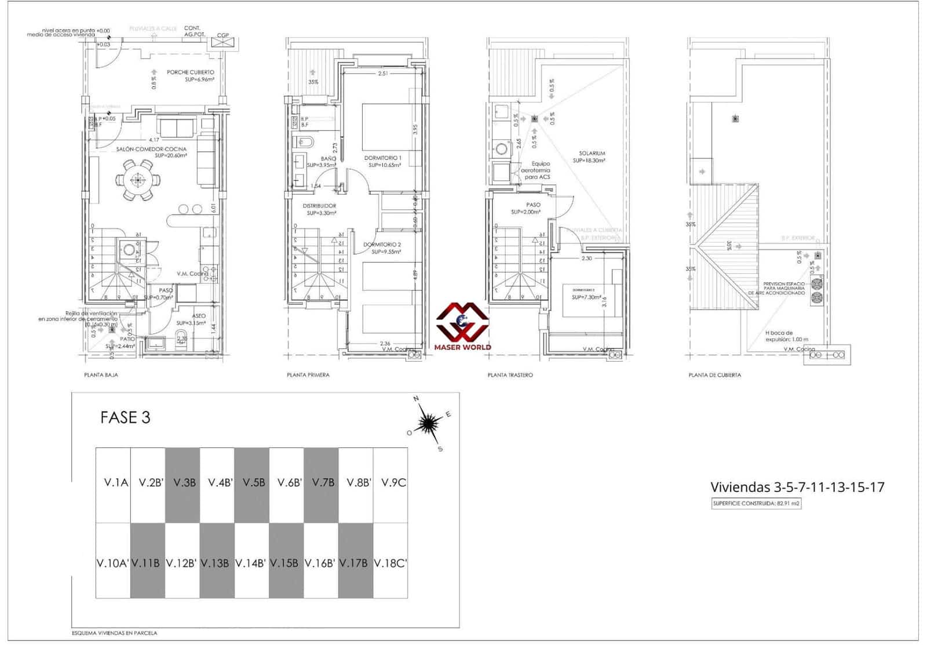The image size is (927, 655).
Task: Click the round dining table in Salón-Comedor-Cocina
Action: [138, 180]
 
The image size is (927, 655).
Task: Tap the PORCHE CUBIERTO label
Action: [191, 72]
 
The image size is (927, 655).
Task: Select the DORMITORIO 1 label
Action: [382, 158]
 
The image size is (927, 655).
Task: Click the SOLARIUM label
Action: [592, 154]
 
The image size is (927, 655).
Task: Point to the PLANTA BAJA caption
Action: [101, 375]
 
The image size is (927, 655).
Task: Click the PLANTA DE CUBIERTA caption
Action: [714, 375]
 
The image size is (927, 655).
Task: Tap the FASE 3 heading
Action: [125, 417]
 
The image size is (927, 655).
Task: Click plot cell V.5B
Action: [254, 482]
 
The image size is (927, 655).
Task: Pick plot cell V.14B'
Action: [251, 563]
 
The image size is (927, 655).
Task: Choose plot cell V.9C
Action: [393, 482]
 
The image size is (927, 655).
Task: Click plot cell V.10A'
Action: [112, 563]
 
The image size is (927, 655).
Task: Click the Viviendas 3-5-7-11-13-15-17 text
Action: [797, 487]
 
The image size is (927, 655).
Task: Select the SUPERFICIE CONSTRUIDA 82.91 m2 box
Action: [756, 503]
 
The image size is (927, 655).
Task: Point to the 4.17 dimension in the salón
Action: [154, 140]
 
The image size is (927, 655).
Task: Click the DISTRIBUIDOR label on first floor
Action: [319, 206]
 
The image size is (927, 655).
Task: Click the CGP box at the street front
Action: [223, 36]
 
